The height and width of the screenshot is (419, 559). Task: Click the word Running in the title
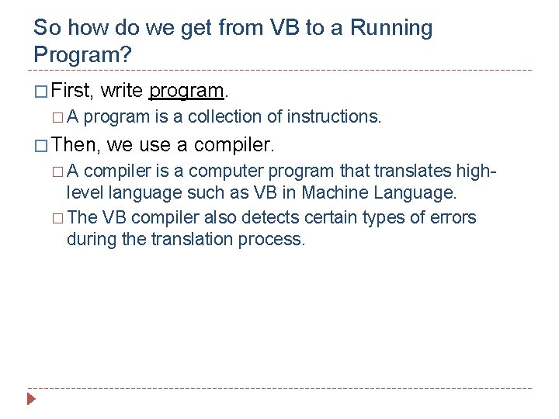pyautogui.click(x=391, y=28)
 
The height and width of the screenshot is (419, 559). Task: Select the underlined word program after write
pyautogui.click(x=186, y=91)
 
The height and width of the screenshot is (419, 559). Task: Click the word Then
pyautogui.click(x=75, y=144)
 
